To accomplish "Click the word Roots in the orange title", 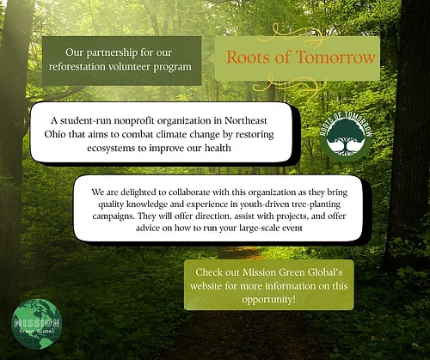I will [x=246, y=58].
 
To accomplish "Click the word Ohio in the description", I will [x=55, y=135].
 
